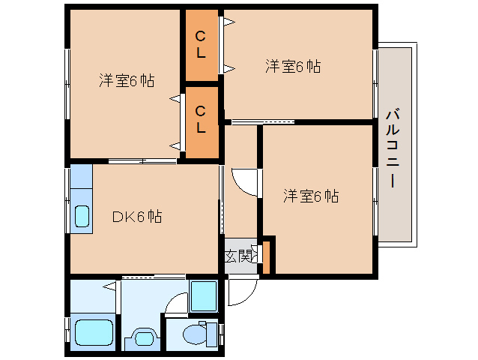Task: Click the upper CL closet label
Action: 201,44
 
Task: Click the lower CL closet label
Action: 201,119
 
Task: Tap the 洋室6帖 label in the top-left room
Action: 127,81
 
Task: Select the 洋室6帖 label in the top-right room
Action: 293,67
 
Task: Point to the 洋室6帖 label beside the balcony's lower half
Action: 311,196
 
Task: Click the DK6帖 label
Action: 136,217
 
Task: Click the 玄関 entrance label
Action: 238,256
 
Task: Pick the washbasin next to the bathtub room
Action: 143,337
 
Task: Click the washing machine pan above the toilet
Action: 202,295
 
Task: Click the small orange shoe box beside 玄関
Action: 266,254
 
